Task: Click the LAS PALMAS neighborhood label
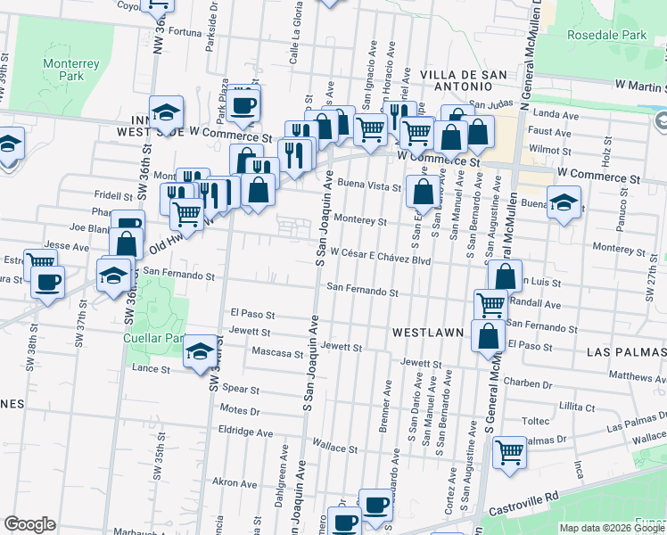625,352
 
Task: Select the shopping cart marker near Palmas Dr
509,452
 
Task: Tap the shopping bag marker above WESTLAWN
489,337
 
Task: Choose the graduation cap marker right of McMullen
564,202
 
